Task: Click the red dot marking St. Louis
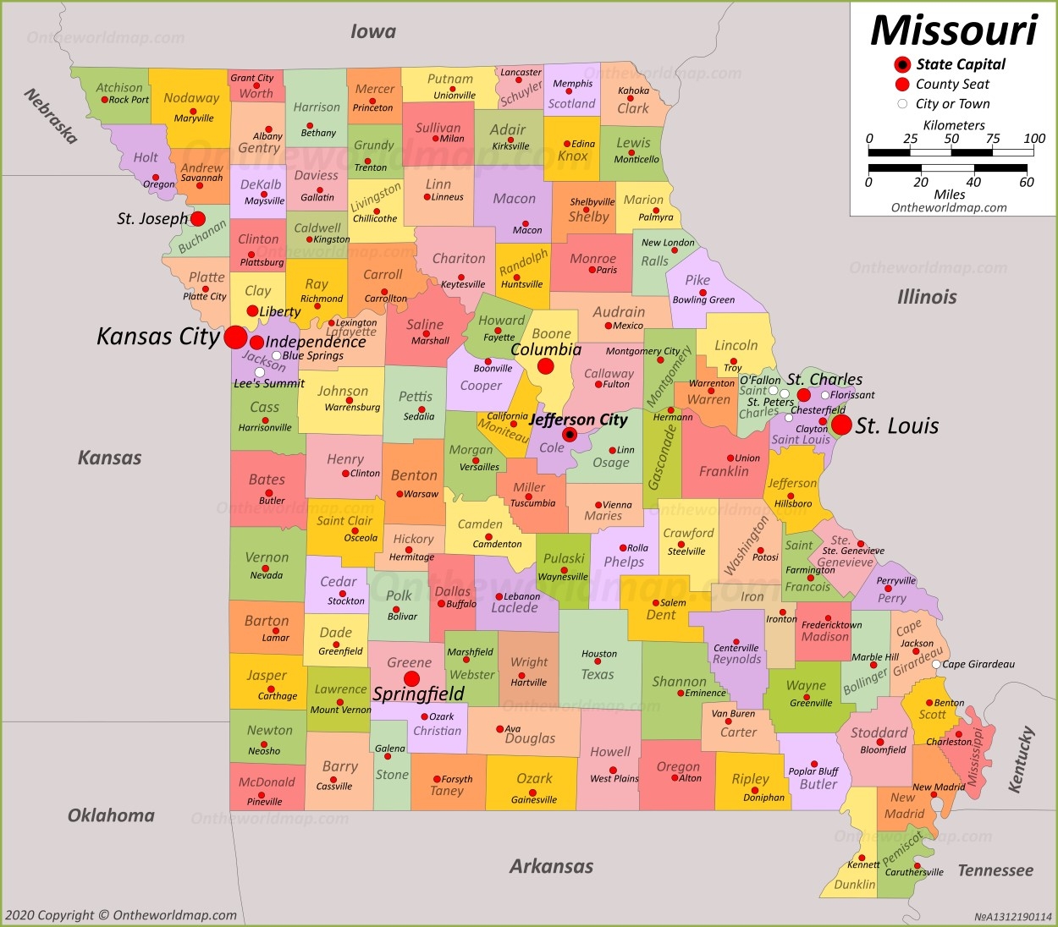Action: [x=841, y=425]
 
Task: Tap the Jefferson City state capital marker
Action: [x=570, y=435]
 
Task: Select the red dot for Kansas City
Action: [x=236, y=337]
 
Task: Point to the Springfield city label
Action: [x=419, y=694]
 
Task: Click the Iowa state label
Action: [x=373, y=32]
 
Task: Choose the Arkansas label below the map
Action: [x=551, y=866]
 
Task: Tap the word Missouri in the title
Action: [x=954, y=30]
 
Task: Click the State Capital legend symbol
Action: [x=902, y=64]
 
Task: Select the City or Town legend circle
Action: [x=902, y=104]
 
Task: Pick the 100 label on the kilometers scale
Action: [x=1034, y=139]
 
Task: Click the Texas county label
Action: [x=598, y=674]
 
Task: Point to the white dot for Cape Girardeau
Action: [x=936, y=665]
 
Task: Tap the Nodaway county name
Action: [x=191, y=98]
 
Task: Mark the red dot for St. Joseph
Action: [x=198, y=219]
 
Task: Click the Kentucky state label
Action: [x=1022, y=760]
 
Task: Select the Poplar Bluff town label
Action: [x=813, y=771]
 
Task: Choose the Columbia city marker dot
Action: [x=546, y=366]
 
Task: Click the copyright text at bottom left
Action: [x=120, y=915]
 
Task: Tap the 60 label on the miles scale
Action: [x=1027, y=182]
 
